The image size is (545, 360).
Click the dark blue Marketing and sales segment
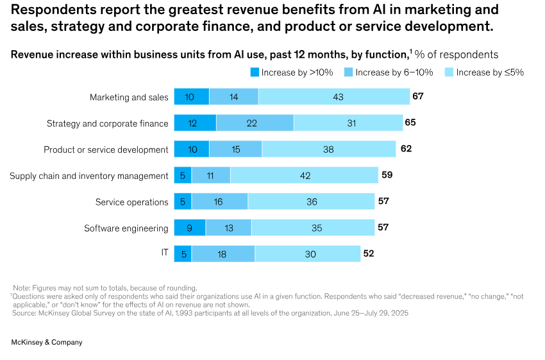(191, 97)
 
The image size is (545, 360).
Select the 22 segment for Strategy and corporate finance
(255, 123)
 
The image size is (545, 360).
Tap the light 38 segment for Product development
(329, 150)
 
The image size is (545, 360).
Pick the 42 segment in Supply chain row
(304, 176)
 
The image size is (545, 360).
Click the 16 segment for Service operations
(219, 201)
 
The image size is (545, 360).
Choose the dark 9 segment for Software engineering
(189, 228)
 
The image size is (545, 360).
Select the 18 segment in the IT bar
(222, 254)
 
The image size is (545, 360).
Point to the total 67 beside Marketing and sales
(418, 96)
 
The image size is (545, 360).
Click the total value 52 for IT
(369, 253)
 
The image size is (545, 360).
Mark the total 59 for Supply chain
(387, 175)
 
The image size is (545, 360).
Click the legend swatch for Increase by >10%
(254, 73)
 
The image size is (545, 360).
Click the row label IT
(165, 253)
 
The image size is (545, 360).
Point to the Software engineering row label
(126, 228)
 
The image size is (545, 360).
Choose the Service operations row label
(131, 202)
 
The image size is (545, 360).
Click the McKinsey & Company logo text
(47, 343)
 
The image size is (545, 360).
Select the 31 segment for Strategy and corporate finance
(348, 123)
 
